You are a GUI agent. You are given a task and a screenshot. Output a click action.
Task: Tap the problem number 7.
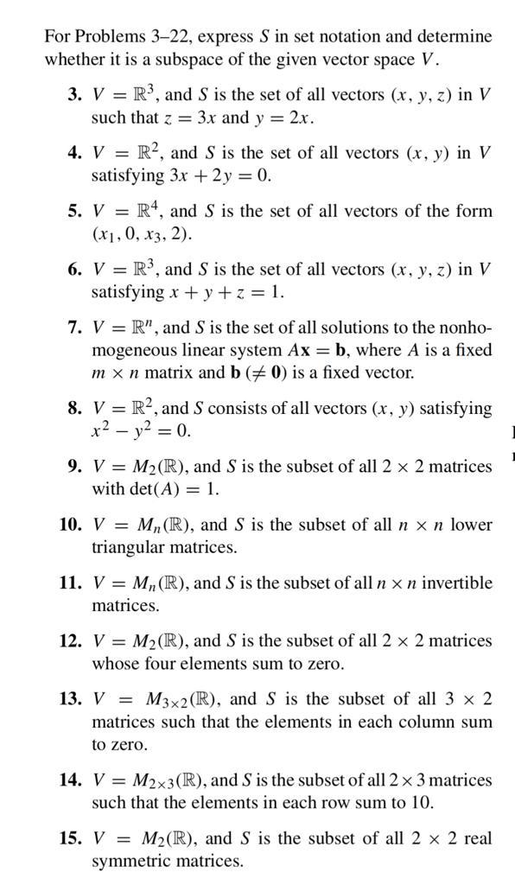(x=75, y=328)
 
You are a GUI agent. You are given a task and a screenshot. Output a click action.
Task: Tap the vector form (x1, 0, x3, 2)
(x=143, y=234)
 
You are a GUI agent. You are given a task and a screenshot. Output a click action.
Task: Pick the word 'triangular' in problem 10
(x=129, y=548)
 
